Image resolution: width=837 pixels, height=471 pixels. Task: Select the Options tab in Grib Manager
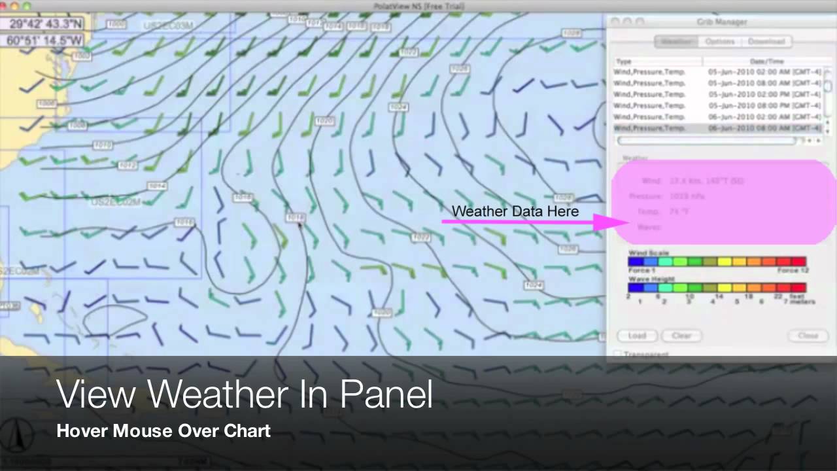(719, 41)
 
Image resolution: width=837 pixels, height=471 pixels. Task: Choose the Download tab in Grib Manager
(766, 41)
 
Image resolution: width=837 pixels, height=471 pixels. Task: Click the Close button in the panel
(808, 336)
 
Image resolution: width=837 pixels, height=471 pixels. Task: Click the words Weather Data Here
(515, 211)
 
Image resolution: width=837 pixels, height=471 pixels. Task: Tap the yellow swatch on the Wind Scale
(725, 262)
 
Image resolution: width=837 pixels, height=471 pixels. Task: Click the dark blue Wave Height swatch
(635, 287)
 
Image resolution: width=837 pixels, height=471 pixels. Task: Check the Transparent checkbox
(617, 354)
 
